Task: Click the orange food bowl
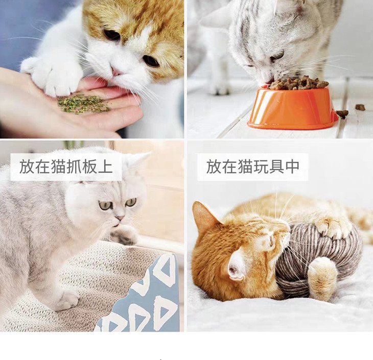pyautogui.click(x=293, y=108)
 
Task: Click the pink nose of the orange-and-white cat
pyautogui.click(x=116, y=71)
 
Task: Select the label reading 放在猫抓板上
pyautogui.click(x=66, y=166)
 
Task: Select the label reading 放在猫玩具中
pyautogui.click(x=252, y=166)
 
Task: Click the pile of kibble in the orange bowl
pyautogui.click(x=298, y=83)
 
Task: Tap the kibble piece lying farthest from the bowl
pyautogui.click(x=360, y=107)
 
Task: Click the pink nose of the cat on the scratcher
pyautogui.click(x=120, y=218)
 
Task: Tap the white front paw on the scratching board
pyautogui.click(x=66, y=301)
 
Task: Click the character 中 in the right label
pyautogui.click(x=292, y=166)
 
